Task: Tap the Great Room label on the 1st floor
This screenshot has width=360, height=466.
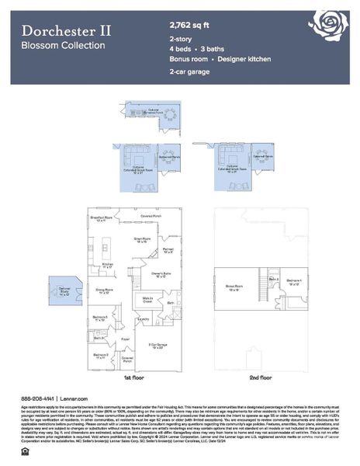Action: point(142,240)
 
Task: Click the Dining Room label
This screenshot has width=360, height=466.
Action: point(104,290)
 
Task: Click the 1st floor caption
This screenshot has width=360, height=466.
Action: point(132,377)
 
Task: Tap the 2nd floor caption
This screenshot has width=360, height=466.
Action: point(261,377)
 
